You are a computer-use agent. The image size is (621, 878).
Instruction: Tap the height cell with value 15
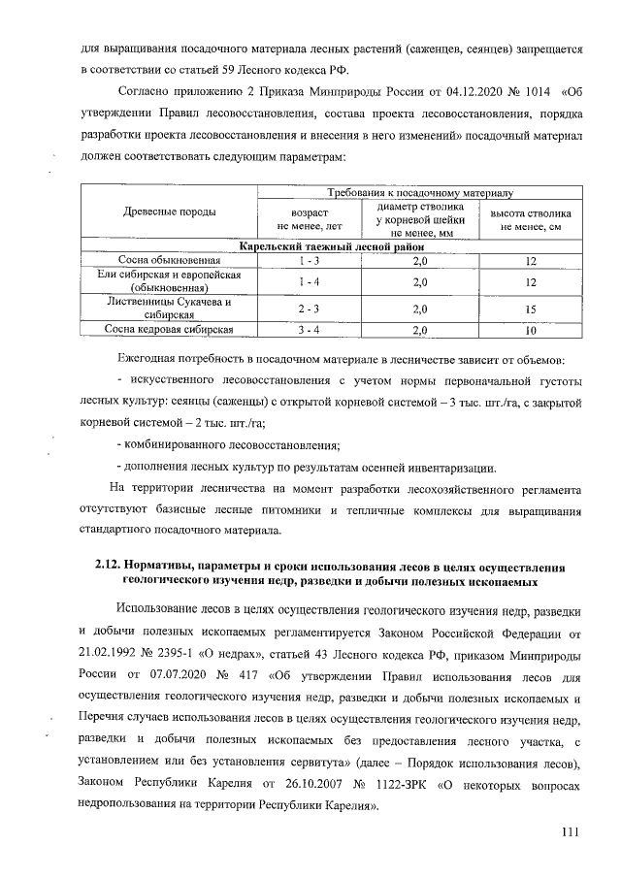click(x=531, y=309)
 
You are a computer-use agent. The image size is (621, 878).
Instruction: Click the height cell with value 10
click(x=531, y=330)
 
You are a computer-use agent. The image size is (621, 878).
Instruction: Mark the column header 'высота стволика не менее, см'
click(x=531, y=219)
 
